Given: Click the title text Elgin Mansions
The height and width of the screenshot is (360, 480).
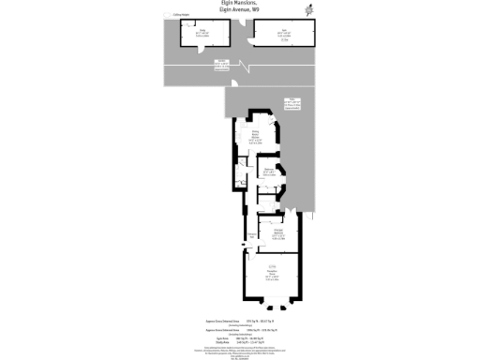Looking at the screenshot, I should click(239, 4).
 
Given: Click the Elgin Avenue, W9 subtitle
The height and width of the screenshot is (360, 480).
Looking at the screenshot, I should click(239, 11).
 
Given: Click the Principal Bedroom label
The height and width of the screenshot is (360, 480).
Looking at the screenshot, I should click(279, 232).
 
